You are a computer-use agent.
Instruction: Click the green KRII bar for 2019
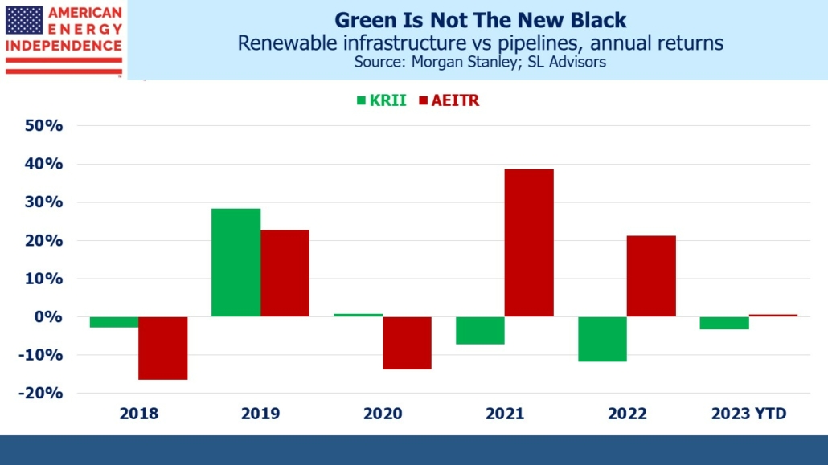[236, 263]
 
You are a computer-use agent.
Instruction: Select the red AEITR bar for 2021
[529, 243]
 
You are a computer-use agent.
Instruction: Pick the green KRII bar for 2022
[602, 339]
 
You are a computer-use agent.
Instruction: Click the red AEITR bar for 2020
[407, 343]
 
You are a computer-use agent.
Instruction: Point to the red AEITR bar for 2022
[651, 276]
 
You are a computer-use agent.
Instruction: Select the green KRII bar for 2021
[480, 330]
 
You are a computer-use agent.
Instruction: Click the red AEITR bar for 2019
[285, 273]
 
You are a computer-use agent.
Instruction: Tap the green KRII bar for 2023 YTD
[724, 323]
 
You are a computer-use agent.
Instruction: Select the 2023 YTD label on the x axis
[748, 414]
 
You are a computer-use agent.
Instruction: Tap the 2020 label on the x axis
[382, 414]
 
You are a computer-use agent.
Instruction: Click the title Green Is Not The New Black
[480, 19]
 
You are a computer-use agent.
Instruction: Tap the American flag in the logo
[24, 20]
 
